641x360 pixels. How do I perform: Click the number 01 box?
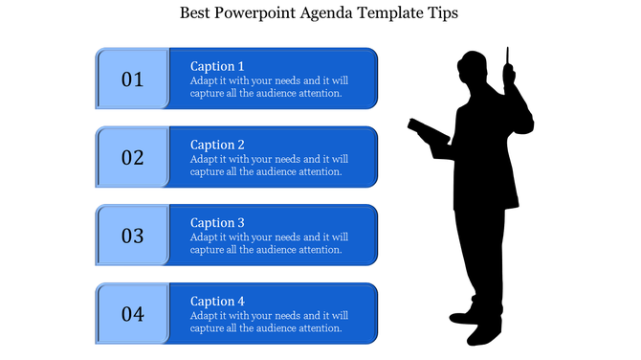[x=132, y=79]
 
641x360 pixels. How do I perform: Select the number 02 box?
[x=132, y=157]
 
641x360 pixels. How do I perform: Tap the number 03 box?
[x=132, y=235]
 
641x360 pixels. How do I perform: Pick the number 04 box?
[x=132, y=313]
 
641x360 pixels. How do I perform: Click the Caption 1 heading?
[x=217, y=66]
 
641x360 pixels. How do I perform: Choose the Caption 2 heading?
[x=217, y=145]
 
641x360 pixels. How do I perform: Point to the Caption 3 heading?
[x=217, y=223]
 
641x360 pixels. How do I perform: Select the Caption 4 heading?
[x=217, y=301]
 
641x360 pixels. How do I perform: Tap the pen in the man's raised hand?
[x=508, y=56]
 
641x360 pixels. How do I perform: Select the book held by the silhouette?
[x=427, y=132]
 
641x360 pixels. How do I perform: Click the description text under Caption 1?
[x=269, y=87]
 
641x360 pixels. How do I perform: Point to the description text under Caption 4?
[x=269, y=322]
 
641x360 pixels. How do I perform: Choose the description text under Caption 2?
[x=269, y=166]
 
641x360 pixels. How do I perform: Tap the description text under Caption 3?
[x=269, y=243]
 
